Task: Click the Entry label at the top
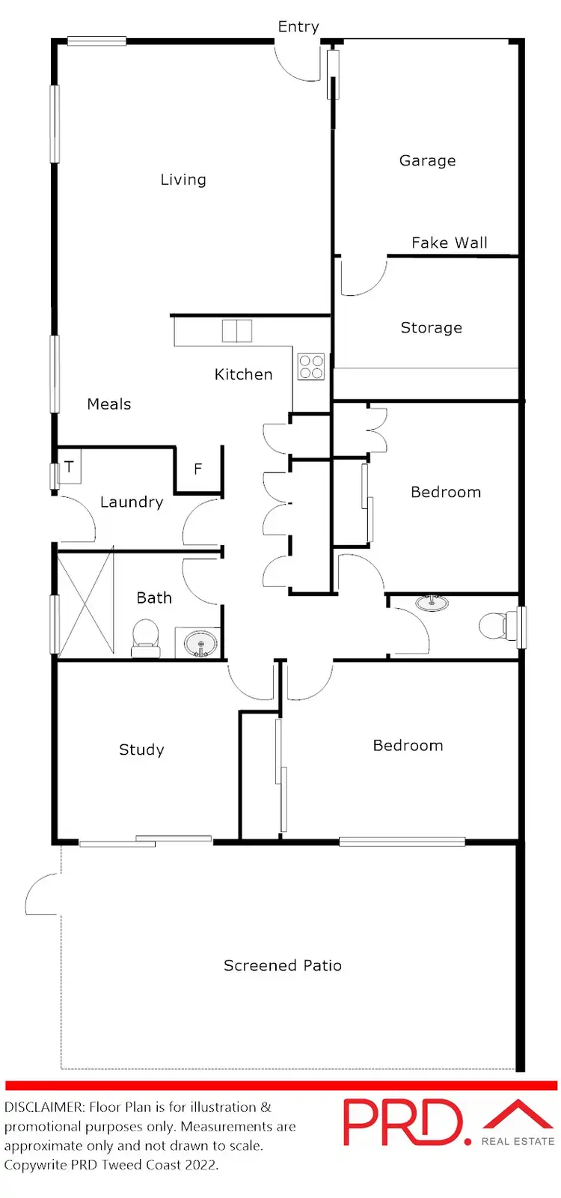coord(298,27)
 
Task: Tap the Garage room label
coord(427,160)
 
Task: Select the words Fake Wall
coord(449,243)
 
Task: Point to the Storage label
coord(431,328)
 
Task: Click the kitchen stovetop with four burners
coord(311,367)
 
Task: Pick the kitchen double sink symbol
coord(237,331)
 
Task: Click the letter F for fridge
coord(198,469)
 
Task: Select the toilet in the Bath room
coord(145,639)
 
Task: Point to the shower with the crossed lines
coord(85,602)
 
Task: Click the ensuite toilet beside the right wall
coord(496,625)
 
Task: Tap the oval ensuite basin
coord(432,603)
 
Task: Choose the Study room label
coord(141,749)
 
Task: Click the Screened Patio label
coord(283,966)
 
